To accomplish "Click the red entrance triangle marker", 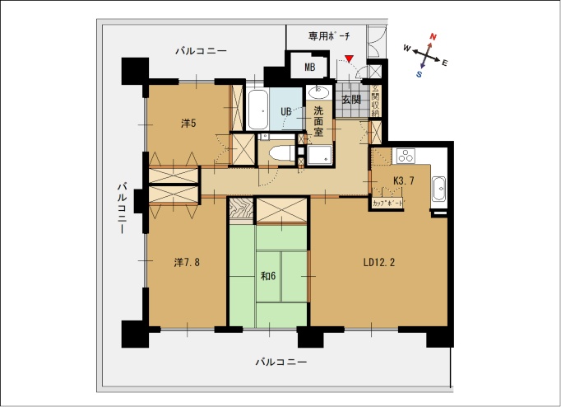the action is [350, 58].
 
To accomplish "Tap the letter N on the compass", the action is [433, 36].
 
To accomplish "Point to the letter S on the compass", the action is [419, 74].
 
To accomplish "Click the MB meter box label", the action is [310, 67].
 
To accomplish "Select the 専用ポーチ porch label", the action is [329, 35].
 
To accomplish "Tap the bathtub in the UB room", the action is [257, 109].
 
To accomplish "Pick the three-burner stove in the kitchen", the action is [406, 156].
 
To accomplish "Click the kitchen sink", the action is [438, 189].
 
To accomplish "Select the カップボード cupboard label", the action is [387, 203].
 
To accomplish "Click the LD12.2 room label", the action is [379, 263].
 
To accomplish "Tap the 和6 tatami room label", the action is [268, 276].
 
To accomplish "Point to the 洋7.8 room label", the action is [187, 263].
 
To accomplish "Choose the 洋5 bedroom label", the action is [188, 124].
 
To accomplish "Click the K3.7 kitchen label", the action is [404, 181].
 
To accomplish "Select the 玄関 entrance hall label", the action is [351, 99].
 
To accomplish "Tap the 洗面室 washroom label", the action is [318, 121].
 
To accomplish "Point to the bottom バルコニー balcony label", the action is [280, 363].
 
